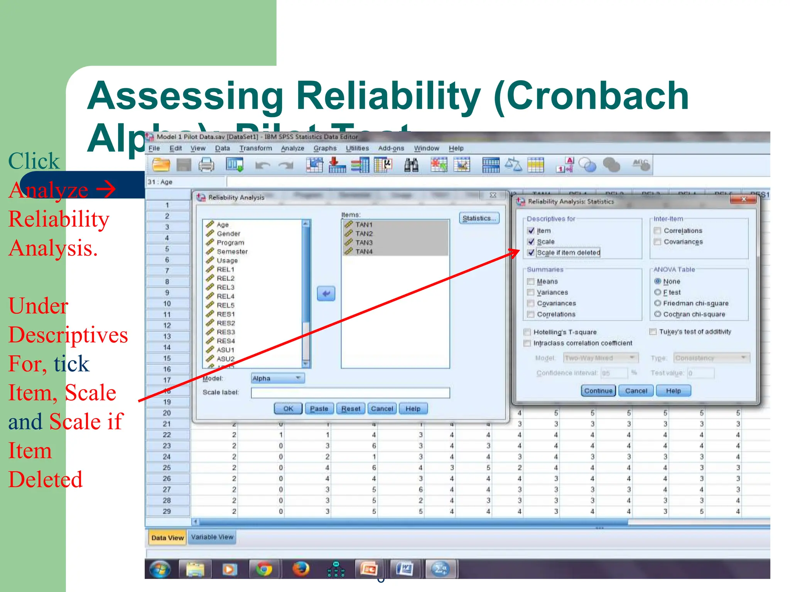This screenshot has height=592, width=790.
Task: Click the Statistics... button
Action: (x=479, y=218)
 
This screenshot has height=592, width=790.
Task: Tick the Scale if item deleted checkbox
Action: (x=531, y=252)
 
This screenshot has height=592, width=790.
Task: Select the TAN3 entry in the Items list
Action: (x=364, y=242)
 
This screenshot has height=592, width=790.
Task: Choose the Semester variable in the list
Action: (x=232, y=252)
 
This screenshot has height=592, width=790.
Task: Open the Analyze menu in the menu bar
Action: (x=292, y=148)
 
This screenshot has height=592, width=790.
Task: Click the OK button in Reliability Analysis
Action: (x=288, y=409)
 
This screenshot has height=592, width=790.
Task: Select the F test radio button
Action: (x=658, y=292)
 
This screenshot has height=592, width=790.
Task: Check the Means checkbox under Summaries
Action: (x=531, y=281)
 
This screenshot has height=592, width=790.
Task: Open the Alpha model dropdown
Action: (x=277, y=378)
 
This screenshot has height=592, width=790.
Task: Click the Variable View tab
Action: (x=212, y=537)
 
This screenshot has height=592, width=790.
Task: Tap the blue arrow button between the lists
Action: (x=326, y=294)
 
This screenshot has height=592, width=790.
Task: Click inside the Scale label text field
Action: (x=350, y=392)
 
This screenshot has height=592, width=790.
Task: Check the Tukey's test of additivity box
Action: (x=653, y=331)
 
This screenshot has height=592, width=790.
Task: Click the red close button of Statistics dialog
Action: (x=743, y=199)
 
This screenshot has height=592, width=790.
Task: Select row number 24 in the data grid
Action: (x=167, y=457)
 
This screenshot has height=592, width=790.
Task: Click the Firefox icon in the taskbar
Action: (x=300, y=569)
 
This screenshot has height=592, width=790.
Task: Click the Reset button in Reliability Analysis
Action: (x=351, y=409)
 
